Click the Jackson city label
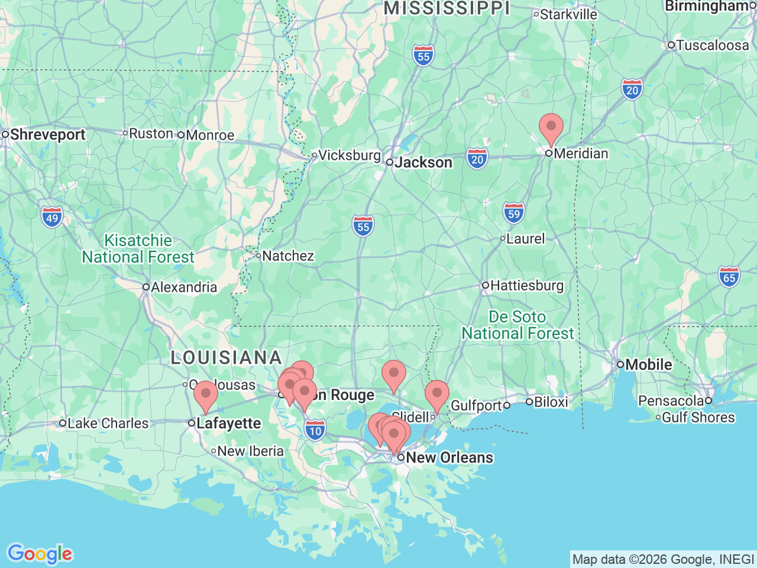click(x=423, y=162)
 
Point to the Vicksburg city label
click(x=349, y=156)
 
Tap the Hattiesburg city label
click(x=526, y=285)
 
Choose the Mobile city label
click(x=648, y=364)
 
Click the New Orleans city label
click(x=449, y=457)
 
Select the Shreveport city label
click(x=47, y=134)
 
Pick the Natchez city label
click(x=287, y=256)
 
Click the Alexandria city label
click(x=184, y=287)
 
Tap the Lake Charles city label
click(x=108, y=423)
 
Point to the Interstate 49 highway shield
click(x=52, y=217)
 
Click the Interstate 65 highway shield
click(x=729, y=277)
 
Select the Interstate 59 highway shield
click(x=514, y=213)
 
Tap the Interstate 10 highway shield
click(x=316, y=430)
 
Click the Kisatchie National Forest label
click(x=138, y=248)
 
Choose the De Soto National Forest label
click(x=517, y=325)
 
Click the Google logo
click(x=40, y=554)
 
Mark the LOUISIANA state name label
click(x=226, y=357)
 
